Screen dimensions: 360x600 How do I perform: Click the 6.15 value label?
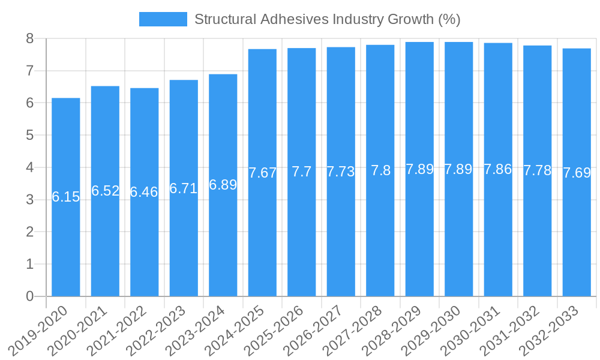pos(66,197)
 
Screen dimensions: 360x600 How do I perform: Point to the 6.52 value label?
pos(105,191)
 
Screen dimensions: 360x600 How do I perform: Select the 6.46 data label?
pos(144,192)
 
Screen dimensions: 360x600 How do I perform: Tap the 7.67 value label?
pos(262,173)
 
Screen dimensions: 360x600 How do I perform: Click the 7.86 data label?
pos(498,169)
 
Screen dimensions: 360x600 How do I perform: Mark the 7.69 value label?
pos(577,173)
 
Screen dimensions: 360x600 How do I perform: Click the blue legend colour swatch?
pos(163,19)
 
